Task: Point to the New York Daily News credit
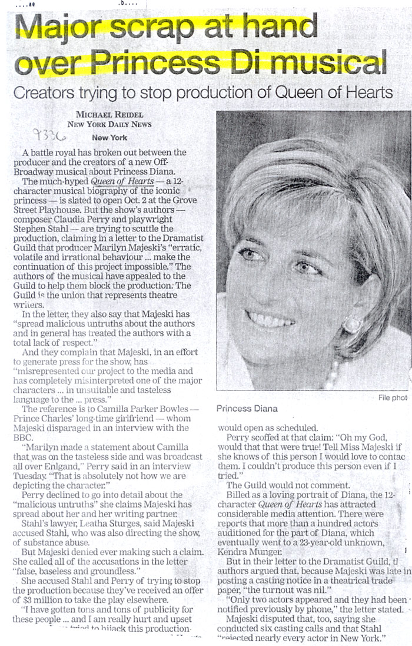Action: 109,124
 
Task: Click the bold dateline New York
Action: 109,137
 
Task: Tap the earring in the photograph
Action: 351,324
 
